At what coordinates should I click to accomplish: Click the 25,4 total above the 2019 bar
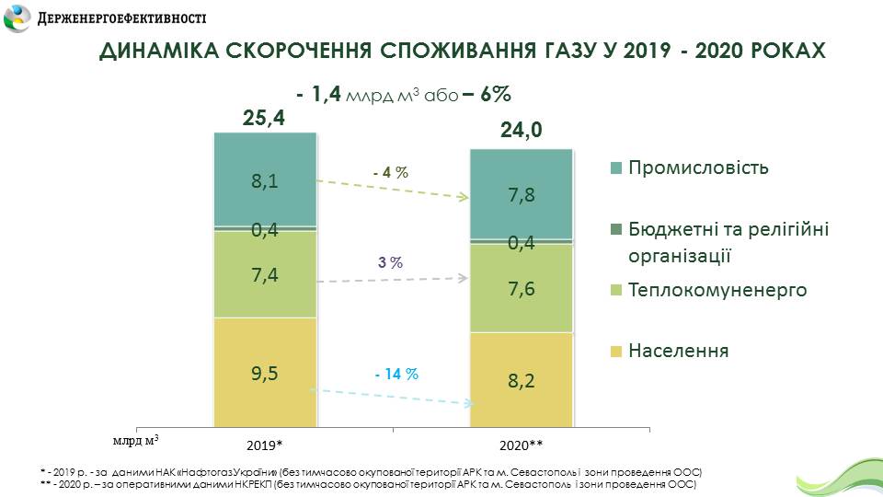(x=265, y=117)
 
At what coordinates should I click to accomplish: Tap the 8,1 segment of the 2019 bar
(x=265, y=181)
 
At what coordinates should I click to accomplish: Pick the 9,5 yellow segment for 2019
(x=265, y=373)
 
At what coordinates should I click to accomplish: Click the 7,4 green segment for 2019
(x=265, y=274)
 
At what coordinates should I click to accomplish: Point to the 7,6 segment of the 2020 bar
(x=522, y=289)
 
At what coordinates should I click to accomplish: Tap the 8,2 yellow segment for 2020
(x=522, y=381)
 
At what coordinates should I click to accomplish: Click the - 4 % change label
(x=390, y=172)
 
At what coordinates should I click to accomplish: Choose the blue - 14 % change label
(x=396, y=375)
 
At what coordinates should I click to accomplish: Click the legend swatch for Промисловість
(x=616, y=168)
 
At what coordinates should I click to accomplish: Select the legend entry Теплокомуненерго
(x=717, y=291)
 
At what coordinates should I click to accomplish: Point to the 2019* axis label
(x=264, y=445)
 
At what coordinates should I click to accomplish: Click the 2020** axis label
(x=522, y=445)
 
